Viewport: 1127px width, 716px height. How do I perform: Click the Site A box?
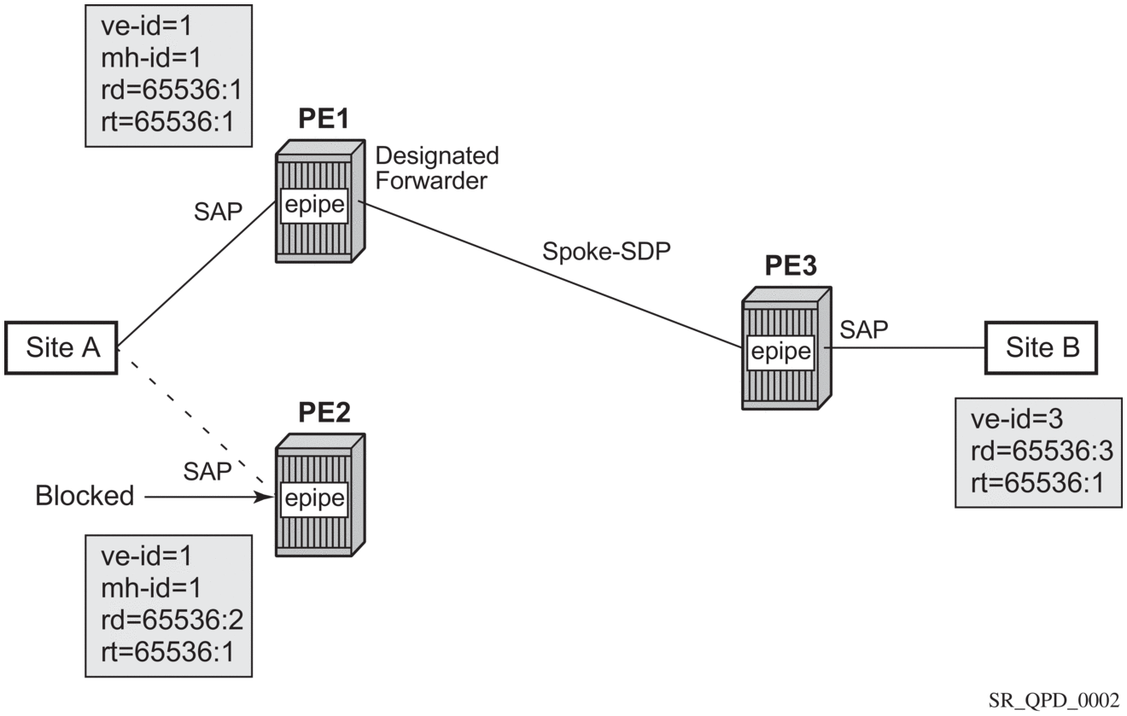(61, 347)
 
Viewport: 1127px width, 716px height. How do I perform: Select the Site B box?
(1042, 347)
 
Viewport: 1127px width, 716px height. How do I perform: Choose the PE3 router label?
(786, 267)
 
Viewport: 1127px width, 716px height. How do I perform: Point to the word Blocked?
(85, 495)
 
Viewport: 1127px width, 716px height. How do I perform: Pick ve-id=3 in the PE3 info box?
(1005, 419)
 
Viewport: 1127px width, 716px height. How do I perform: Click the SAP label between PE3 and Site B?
(864, 328)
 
